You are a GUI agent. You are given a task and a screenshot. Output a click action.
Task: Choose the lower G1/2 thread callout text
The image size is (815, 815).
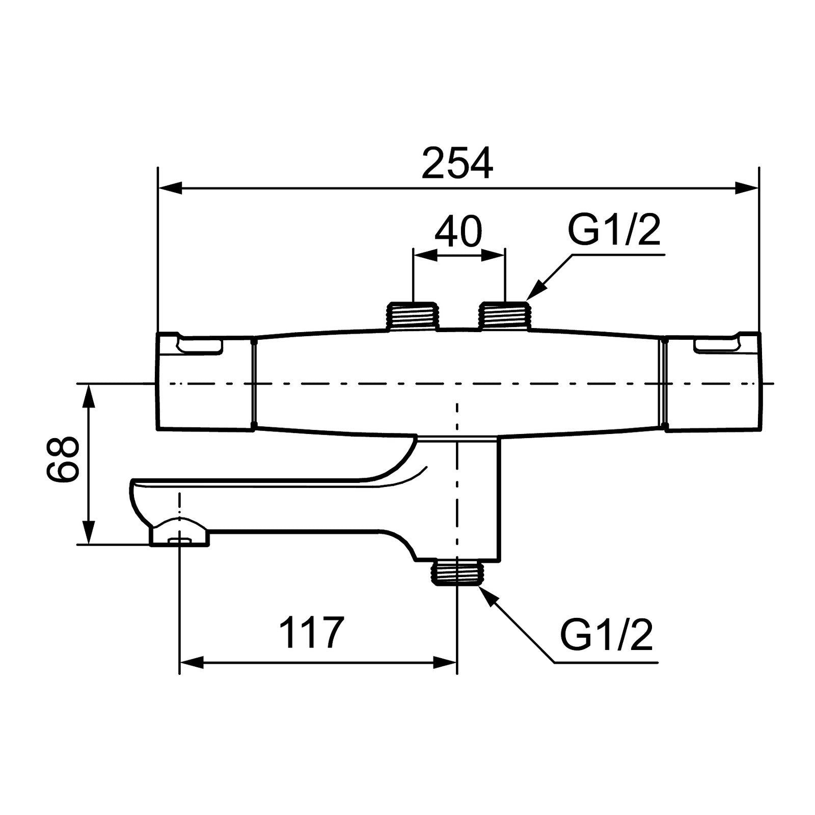(606, 634)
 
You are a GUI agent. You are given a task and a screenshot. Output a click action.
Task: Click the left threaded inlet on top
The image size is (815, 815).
(413, 316)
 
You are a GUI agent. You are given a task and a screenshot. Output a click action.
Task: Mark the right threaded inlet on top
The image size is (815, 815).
(505, 316)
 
